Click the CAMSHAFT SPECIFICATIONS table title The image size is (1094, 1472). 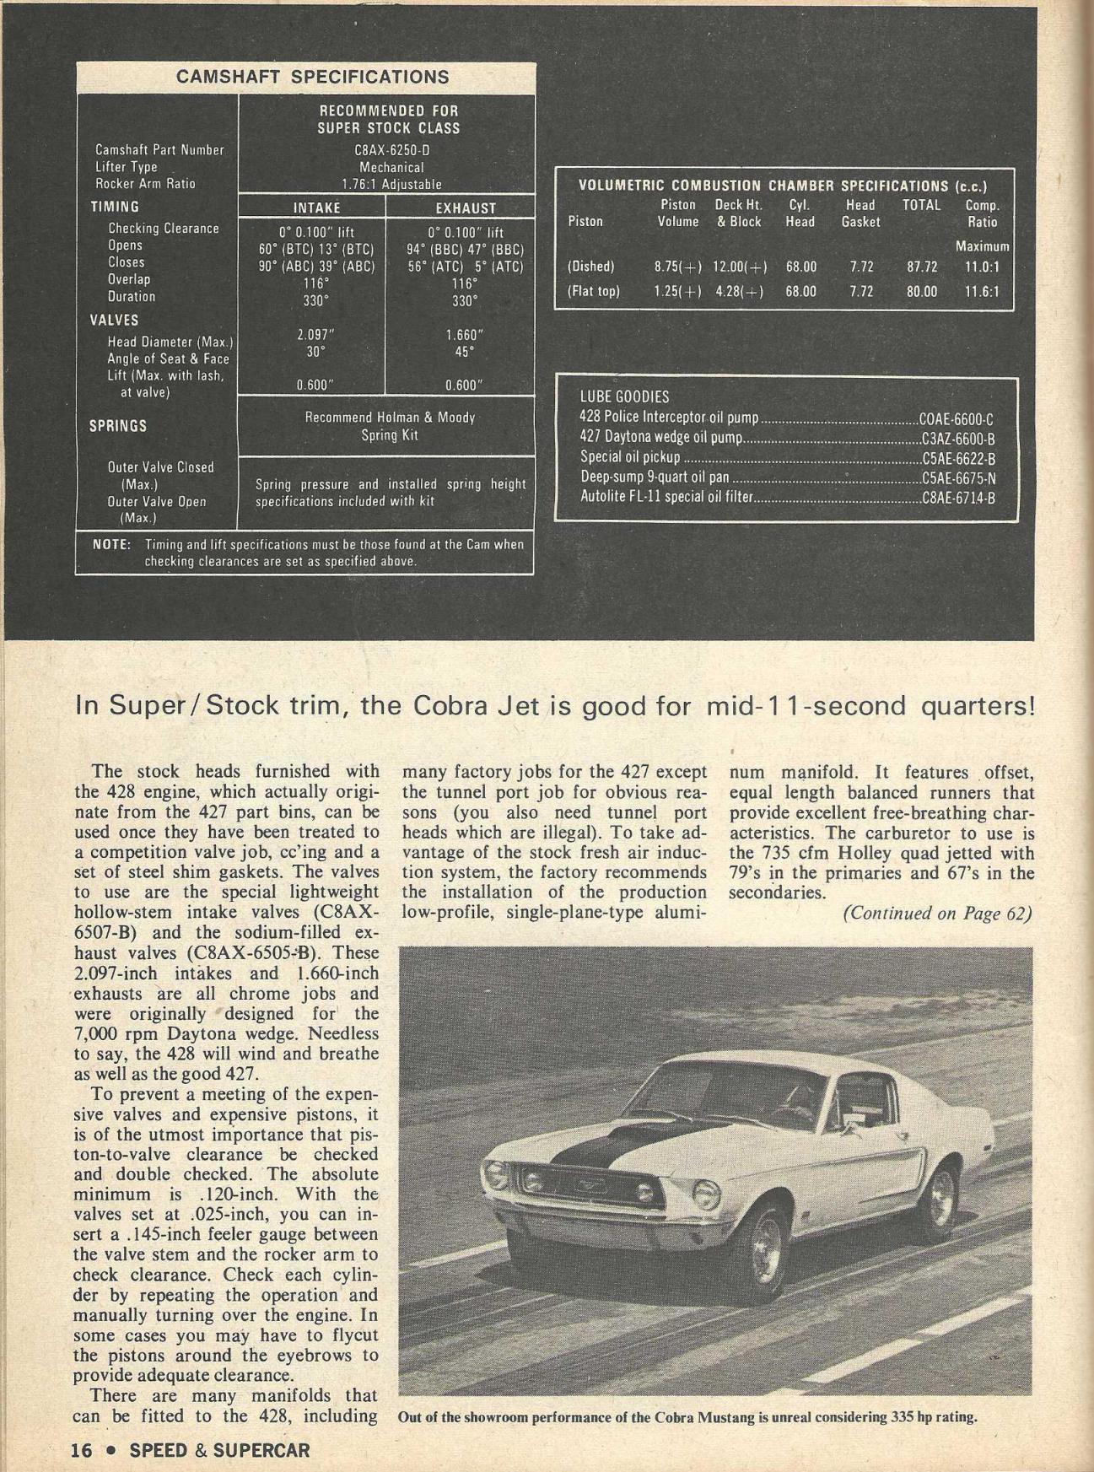[x=312, y=77]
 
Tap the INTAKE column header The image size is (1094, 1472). [x=316, y=208]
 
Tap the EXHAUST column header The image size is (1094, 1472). [x=466, y=208]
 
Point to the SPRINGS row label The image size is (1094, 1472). [x=118, y=426]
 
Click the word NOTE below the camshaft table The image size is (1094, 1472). [x=110, y=545]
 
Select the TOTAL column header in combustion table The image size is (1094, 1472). [x=921, y=205]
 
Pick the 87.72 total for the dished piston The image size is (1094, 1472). [x=922, y=267]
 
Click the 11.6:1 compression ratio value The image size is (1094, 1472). [x=982, y=292]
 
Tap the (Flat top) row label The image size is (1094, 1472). [x=594, y=292]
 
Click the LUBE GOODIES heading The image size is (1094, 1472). [x=624, y=396]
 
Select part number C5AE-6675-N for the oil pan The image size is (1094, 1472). [x=959, y=478]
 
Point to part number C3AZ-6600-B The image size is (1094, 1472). [x=959, y=439]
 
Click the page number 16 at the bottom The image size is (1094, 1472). [x=81, y=1450]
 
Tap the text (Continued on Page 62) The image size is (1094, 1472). [x=937, y=914]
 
